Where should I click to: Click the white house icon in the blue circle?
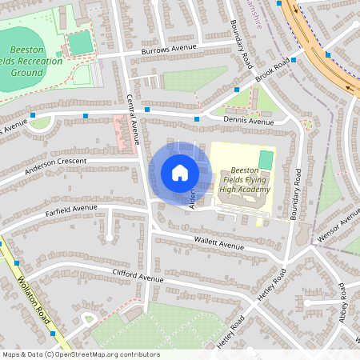click(x=180, y=173)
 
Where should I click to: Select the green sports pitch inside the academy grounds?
click(x=265, y=160)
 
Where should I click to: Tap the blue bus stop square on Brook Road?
click(x=294, y=59)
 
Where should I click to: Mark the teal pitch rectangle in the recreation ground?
click(x=79, y=42)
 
